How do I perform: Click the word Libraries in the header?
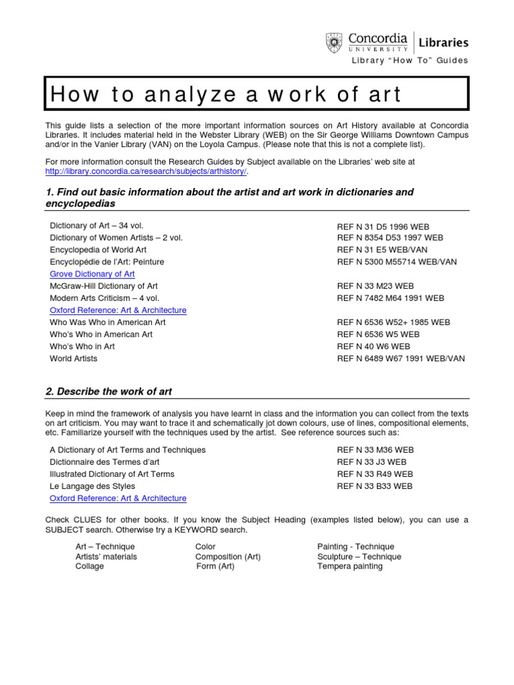[443, 43]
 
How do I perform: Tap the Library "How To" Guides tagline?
[410, 61]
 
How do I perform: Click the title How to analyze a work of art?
[225, 94]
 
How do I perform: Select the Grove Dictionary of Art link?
[92, 274]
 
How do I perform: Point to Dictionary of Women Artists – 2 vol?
[116, 238]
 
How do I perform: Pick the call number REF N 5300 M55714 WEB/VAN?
[397, 262]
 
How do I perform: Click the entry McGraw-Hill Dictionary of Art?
[104, 286]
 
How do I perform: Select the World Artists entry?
[74, 359]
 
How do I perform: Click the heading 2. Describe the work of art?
[109, 391]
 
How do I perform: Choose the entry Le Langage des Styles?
[92, 486]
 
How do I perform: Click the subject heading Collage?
[90, 567]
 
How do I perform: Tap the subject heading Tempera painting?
[350, 567]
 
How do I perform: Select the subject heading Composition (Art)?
[228, 557]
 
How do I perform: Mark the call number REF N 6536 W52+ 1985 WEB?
[394, 322]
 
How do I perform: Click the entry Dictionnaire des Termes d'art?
[105, 462]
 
